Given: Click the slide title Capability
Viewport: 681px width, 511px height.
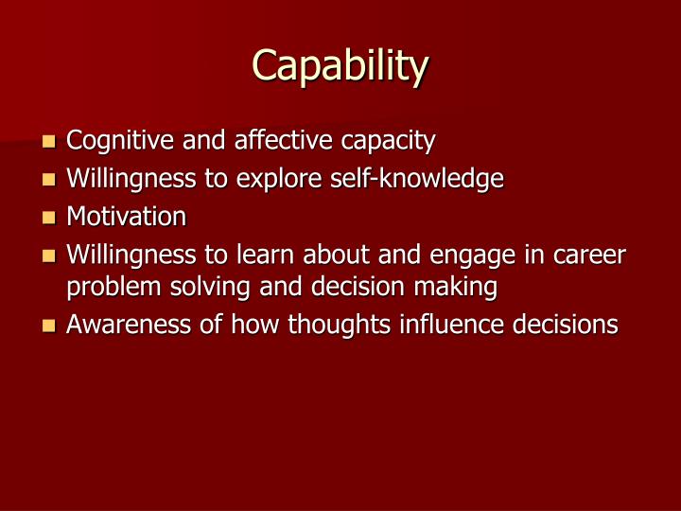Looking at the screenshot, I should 340,66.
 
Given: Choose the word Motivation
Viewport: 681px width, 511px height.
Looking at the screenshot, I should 126,217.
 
